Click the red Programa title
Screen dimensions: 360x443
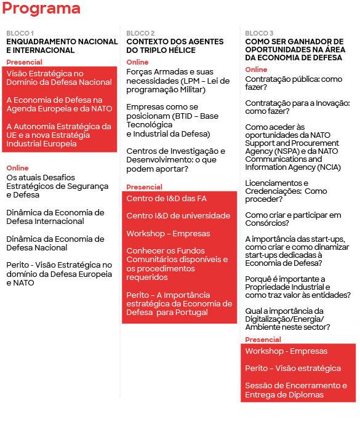point(41,9)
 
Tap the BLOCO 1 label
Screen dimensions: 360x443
point(20,33)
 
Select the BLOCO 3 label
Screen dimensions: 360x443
point(259,33)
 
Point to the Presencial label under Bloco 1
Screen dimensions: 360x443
point(25,62)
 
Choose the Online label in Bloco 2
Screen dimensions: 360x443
point(137,62)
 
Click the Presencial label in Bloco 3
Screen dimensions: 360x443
point(263,340)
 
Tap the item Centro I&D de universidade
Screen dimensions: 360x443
point(169,216)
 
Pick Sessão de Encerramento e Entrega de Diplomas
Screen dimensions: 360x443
point(296,390)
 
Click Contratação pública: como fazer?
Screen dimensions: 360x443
point(293,84)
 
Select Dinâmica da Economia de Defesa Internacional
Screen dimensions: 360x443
point(55,217)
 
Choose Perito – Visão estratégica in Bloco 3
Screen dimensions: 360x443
point(293,369)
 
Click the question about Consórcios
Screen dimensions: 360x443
point(293,220)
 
